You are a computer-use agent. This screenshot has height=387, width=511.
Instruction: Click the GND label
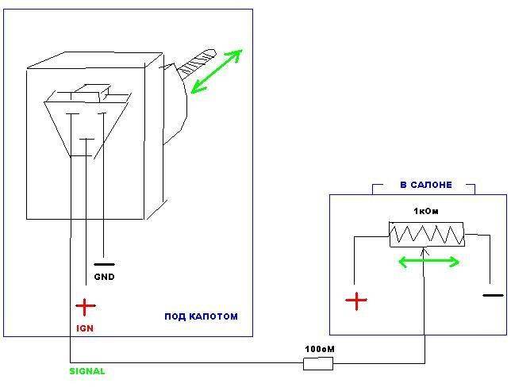click(x=104, y=278)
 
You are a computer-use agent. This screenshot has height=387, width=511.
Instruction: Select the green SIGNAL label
click(x=86, y=371)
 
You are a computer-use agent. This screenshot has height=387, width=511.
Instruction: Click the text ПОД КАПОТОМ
click(x=201, y=316)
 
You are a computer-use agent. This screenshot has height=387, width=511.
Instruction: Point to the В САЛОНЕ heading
click(x=425, y=185)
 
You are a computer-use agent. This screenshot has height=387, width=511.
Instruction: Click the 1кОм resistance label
click(x=425, y=211)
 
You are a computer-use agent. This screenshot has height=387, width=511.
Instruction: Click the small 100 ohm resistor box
click(x=318, y=364)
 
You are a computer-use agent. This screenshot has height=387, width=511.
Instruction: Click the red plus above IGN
click(x=84, y=305)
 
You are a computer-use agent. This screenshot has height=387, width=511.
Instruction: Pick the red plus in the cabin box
click(x=357, y=300)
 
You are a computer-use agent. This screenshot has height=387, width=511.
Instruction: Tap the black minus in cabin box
click(x=493, y=295)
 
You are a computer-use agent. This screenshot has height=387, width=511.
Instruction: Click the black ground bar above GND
click(x=104, y=264)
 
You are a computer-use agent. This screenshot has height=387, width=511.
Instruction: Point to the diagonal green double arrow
click(x=216, y=71)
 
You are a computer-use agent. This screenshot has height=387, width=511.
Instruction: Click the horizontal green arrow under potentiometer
click(x=428, y=261)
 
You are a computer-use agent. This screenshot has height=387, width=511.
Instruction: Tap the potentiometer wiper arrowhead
click(x=425, y=251)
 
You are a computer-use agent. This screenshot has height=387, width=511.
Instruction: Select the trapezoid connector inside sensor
click(x=87, y=119)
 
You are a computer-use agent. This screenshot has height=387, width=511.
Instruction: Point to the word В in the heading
click(x=403, y=185)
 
